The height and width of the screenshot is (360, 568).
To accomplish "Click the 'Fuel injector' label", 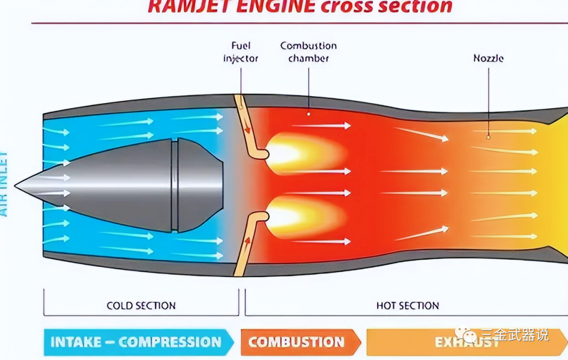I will click(241, 52).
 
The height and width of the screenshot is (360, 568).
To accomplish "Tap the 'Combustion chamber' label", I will click(308, 52).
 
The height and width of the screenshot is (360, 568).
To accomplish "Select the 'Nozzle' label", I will click(488, 58).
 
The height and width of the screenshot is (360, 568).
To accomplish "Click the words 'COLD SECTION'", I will click(141, 305).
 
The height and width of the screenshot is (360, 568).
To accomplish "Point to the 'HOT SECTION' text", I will click(408, 305).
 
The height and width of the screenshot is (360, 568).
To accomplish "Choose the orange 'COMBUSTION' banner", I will click(298, 342).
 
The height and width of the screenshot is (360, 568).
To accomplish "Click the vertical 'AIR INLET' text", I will click(4, 184).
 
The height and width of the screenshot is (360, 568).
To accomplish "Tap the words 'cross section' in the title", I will click(387, 6).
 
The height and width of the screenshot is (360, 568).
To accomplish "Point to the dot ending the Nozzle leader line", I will click(488, 137).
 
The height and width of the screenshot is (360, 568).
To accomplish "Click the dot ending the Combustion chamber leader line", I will click(308, 113).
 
